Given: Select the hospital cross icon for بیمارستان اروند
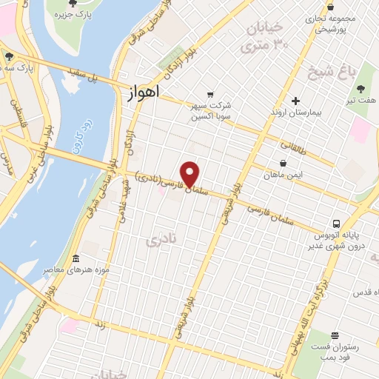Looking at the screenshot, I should (x=295, y=101).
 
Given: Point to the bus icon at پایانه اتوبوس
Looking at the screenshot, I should (x=336, y=223).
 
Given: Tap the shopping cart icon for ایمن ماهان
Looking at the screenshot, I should (x=284, y=163).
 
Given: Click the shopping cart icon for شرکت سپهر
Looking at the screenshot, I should (x=210, y=94).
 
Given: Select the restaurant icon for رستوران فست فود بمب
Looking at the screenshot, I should (x=335, y=335).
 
